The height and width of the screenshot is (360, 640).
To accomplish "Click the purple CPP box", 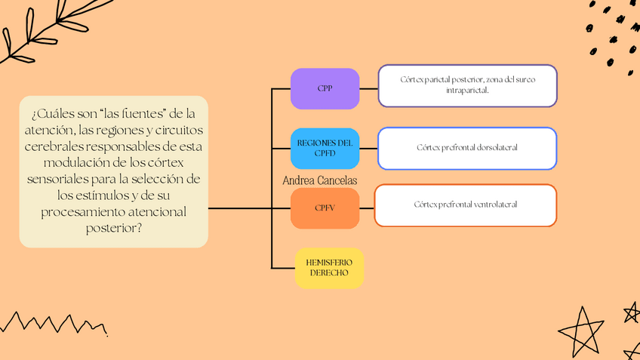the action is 325,88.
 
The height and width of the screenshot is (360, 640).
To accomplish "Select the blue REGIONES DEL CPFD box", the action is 325,148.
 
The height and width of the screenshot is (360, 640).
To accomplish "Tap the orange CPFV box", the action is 325,208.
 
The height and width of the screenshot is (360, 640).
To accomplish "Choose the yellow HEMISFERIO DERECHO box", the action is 329,267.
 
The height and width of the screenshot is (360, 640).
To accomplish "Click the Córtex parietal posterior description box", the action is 467,85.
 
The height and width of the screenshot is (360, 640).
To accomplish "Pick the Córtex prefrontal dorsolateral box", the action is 467,148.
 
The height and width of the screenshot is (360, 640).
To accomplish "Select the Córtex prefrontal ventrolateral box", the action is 465,205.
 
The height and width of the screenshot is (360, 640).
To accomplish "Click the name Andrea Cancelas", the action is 319,180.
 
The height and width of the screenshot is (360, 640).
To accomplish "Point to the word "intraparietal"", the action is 467,91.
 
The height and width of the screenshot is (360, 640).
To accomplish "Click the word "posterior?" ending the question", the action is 113,228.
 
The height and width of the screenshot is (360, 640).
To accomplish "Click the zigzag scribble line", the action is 53,322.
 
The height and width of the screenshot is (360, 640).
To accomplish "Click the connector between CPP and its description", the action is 368,88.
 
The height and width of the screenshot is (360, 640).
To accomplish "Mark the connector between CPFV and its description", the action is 367,208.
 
